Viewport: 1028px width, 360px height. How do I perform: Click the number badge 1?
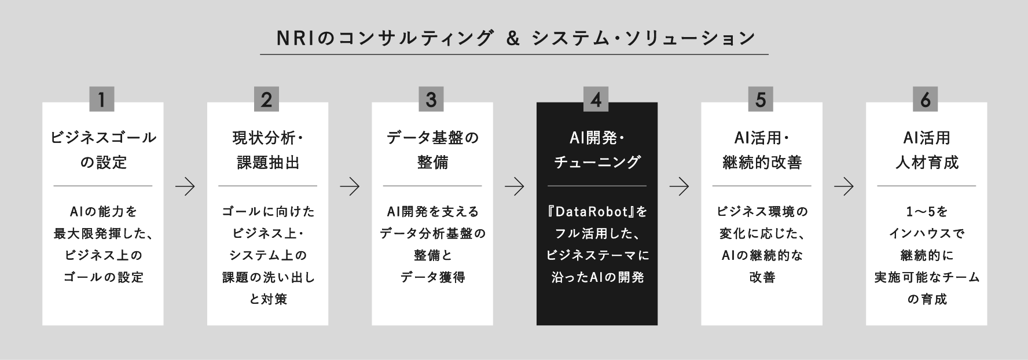point(102,100)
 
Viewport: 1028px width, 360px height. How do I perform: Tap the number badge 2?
point(267,100)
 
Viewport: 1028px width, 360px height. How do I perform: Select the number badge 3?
point(431,100)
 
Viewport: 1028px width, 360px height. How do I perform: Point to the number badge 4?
point(596,100)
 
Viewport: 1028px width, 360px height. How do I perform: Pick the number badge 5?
point(761,100)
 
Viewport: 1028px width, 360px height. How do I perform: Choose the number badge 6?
point(926,100)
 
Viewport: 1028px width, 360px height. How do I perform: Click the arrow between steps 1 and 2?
point(185,186)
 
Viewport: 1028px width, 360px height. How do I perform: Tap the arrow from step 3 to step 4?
point(515,186)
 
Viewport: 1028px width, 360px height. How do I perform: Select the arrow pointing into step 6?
point(844,186)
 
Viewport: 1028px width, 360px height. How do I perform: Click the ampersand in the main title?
point(511,38)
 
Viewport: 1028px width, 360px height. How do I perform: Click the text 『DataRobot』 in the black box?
point(590,212)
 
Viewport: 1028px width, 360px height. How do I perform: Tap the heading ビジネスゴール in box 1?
point(103,138)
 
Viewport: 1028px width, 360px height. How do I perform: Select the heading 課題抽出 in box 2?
point(268,163)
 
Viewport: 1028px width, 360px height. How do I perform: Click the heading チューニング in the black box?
point(597,163)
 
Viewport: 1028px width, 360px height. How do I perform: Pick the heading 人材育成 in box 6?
point(927,163)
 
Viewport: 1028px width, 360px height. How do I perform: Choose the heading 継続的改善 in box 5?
point(762,163)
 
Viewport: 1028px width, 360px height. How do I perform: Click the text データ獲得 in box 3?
point(432,278)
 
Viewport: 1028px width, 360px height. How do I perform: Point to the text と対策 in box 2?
point(268,300)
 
